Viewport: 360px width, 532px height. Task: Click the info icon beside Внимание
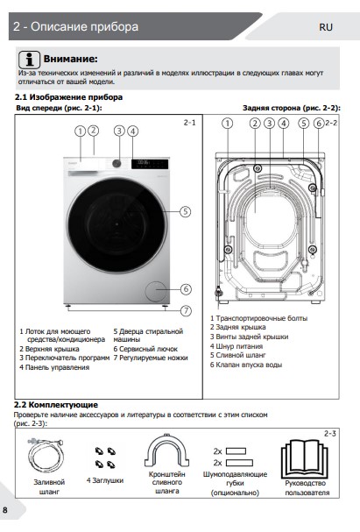click(29, 60)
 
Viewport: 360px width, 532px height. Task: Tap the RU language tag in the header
click(326, 27)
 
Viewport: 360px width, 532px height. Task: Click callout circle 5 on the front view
click(185, 212)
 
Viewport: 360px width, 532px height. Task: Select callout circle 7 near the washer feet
click(186, 310)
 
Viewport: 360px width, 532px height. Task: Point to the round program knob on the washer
click(117, 163)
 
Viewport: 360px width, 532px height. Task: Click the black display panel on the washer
click(150, 164)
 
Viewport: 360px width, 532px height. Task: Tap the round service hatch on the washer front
click(156, 291)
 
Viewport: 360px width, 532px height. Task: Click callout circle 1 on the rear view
click(228, 124)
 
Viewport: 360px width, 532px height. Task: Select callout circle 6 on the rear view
click(319, 124)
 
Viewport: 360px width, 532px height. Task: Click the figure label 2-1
click(190, 123)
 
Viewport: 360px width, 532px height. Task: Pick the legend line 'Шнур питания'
click(236, 346)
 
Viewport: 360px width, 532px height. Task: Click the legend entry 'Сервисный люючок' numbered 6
click(145, 349)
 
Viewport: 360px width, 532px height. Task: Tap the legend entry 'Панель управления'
click(54, 367)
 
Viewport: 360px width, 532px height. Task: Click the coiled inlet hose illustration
click(46, 456)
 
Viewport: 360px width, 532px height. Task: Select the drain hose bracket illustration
click(166, 450)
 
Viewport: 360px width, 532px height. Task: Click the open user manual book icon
click(305, 458)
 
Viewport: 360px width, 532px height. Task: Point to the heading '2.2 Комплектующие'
click(55, 405)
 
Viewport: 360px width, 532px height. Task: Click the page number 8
click(4, 510)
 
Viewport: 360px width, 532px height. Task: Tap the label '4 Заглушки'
click(105, 480)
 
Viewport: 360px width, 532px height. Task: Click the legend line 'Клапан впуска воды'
click(246, 365)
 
